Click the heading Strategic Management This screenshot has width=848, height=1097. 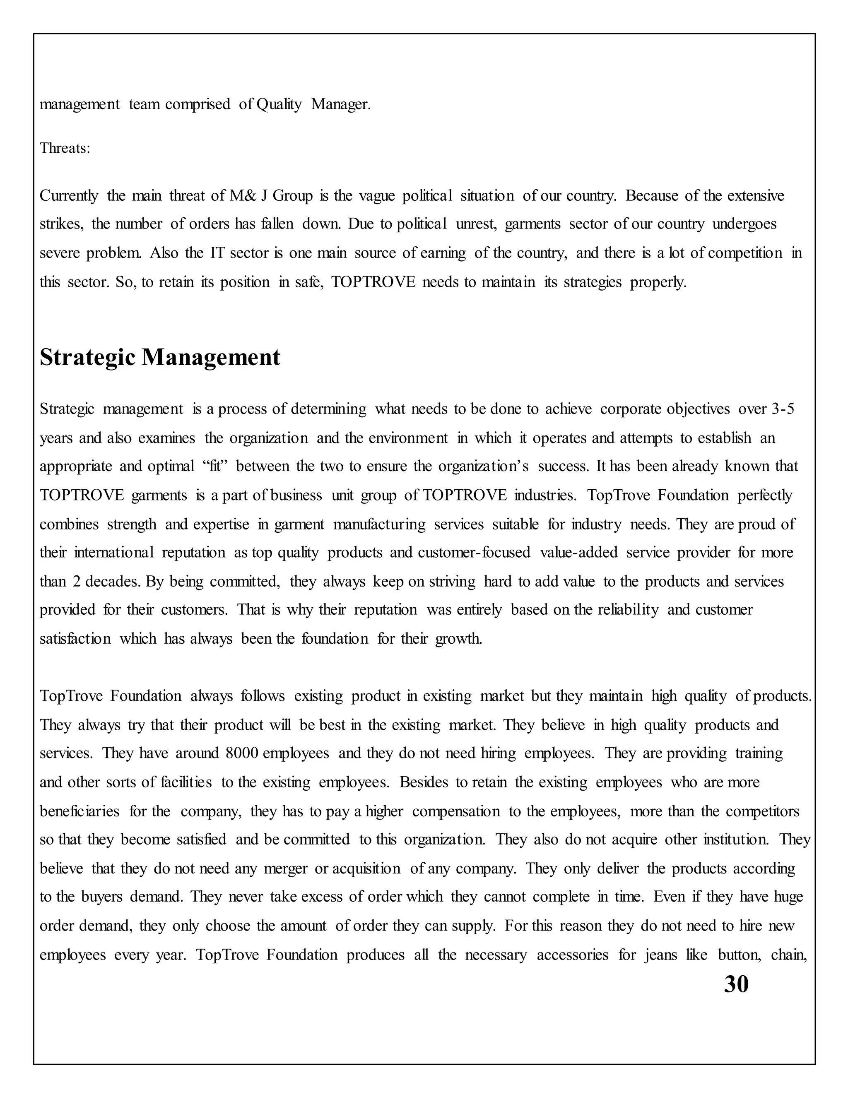click(160, 358)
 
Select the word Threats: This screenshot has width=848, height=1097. click(65, 148)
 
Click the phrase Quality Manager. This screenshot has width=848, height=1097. click(313, 104)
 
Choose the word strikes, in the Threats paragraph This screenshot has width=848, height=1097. click(61, 224)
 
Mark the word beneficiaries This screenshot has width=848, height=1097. click(79, 811)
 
